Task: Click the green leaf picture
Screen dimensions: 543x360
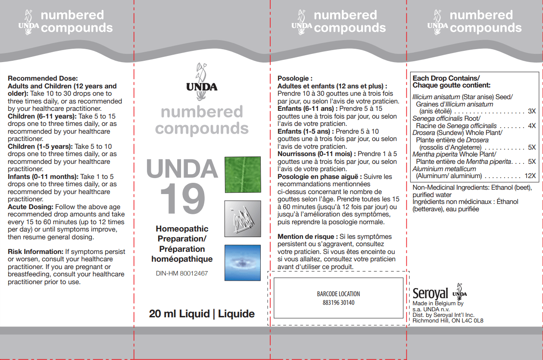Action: [243, 175]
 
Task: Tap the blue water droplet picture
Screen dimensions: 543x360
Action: [243, 263]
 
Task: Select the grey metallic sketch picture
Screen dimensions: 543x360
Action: [243, 219]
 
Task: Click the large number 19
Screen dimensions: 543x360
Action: [183, 199]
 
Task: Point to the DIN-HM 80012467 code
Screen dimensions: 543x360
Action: [182, 273]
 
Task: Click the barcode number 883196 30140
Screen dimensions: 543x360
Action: [338, 303]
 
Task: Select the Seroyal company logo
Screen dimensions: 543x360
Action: [430, 294]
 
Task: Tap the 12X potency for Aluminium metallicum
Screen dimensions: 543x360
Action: [530, 176]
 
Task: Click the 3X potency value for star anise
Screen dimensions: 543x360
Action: [532, 111]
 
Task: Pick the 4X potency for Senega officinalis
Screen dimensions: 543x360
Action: [532, 125]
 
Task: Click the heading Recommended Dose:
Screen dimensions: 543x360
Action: [43, 78]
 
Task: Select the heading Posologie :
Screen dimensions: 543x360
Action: [295, 78]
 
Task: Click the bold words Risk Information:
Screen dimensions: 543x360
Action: [35, 251]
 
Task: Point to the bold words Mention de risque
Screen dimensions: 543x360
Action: [306, 237]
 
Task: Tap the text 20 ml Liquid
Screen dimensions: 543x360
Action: [179, 314]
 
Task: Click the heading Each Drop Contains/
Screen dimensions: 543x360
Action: [446, 78]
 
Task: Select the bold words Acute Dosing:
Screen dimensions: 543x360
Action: [31, 207]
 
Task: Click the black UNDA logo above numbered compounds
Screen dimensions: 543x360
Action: [202, 82]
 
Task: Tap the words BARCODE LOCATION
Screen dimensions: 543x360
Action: [338, 294]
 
